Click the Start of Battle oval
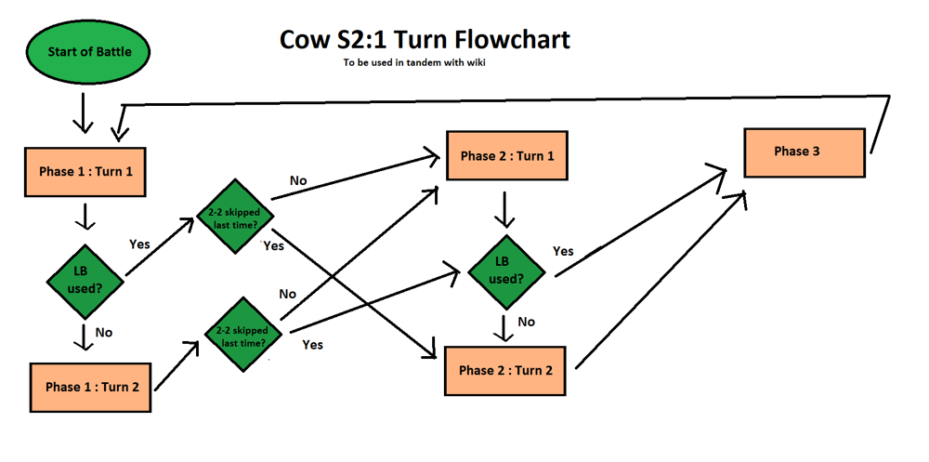click(85, 52)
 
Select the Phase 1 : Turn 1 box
click(85, 171)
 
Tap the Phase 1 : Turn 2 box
click(92, 386)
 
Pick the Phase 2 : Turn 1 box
click(506, 155)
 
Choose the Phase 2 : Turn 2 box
click(504, 370)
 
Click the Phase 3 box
click(805, 152)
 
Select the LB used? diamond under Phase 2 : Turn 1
click(505, 271)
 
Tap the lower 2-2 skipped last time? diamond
click(240, 336)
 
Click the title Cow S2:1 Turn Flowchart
click(425, 40)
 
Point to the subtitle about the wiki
click(413, 63)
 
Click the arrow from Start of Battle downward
click(84, 113)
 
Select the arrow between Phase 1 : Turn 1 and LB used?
click(85, 216)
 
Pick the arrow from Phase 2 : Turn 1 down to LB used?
click(504, 209)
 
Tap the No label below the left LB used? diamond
click(105, 332)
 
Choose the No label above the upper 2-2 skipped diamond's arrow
click(298, 179)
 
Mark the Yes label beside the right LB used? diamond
click(563, 251)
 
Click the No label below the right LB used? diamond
click(527, 322)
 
